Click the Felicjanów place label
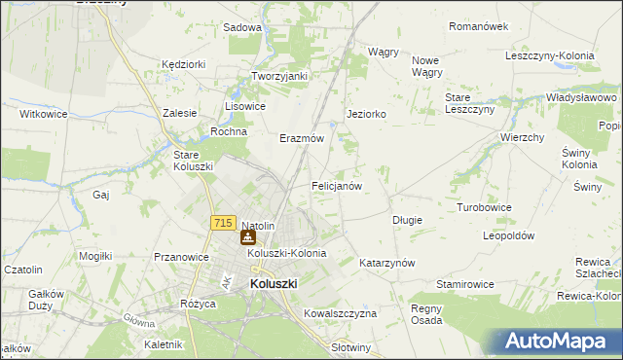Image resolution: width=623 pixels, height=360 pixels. click(x=337, y=185)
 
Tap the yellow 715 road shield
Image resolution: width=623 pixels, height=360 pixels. click(x=222, y=224)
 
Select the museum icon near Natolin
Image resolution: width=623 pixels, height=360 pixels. click(x=248, y=236)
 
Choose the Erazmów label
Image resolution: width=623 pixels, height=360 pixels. click(x=301, y=139)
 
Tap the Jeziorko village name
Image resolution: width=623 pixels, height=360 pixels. click(x=367, y=114)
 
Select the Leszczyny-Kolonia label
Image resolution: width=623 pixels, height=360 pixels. click(x=550, y=55)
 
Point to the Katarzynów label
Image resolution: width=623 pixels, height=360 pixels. click(x=387, y=263)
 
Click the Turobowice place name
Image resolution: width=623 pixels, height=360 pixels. click(x=485, y=208)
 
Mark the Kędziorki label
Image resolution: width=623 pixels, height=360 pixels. click(x=185, y=63)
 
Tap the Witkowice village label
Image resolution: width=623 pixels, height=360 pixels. click(x=42, y=114)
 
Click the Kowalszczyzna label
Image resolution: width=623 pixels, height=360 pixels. click(x=340, y=313)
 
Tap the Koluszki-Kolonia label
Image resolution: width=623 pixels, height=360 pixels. click(x=286, y=253)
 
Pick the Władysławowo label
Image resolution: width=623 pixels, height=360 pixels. click(x=582, y=98)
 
